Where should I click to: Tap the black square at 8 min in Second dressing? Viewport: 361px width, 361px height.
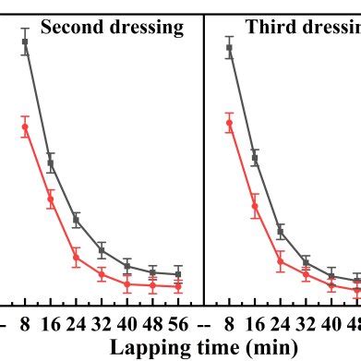(x=25, y=42)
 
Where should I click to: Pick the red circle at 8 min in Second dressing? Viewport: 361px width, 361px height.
(x=25, y=126)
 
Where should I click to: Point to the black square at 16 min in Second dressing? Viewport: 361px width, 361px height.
(x=51, y=163)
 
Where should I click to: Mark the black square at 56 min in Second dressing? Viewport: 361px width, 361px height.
(x=177, y=274)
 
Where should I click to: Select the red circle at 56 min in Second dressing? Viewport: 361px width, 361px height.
(x=177, y=286)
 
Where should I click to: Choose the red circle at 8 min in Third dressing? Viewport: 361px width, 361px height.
(x=229, y=122)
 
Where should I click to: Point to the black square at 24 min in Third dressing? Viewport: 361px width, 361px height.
(x=281, y=231)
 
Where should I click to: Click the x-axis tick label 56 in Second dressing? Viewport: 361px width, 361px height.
(x=177, y=324)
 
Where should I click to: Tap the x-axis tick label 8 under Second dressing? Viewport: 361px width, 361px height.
(x=25, y=324)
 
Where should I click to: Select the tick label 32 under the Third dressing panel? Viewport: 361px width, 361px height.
(x=306, y=324)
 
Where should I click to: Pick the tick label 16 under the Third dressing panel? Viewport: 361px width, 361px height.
(x=255, y=324)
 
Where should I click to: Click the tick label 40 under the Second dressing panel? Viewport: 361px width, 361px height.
(x=127, y=324)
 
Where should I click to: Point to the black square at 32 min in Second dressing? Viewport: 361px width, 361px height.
(x=102, y=250)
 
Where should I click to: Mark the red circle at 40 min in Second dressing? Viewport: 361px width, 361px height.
(x=127, y=284)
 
